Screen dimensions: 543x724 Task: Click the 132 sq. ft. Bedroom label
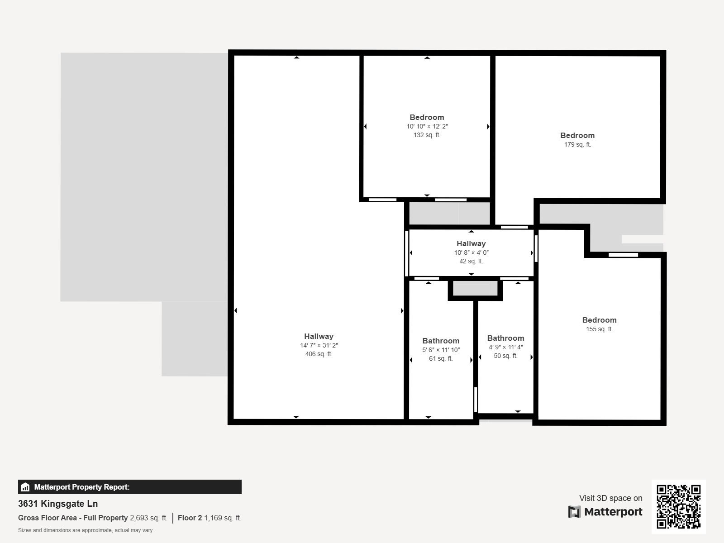coord(427,118)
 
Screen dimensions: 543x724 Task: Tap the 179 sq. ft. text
coord(577,145)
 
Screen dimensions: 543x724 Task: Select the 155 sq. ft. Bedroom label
coord(599,320)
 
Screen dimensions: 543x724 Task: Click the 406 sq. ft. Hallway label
coord(319,337)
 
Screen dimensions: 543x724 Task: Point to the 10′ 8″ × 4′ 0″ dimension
coord(471,253)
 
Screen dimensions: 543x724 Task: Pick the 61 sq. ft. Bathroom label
coord(441,341)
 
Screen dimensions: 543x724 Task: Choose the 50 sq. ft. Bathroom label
coord(505,338)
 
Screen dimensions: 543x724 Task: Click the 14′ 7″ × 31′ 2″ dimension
coord(319,346)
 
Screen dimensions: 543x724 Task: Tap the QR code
coord(678,506)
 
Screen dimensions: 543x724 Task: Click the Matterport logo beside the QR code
coord(605,512)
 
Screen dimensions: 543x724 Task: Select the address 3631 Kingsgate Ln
coord(58,504)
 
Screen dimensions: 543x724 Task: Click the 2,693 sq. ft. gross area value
coord(148,518)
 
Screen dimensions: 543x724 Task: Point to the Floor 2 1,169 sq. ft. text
coord(210,518)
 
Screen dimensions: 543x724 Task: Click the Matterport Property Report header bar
coord(129,487)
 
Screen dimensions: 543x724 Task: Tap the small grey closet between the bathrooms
coord(475,289)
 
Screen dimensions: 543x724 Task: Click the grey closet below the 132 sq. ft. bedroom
coord(449,213)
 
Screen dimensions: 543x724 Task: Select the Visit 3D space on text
coord(610,498)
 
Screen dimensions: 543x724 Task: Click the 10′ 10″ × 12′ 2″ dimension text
coord(427,127)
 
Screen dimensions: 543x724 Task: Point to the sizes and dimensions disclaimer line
coord(85,530)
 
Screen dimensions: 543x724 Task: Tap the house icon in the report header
coord(25,487)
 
